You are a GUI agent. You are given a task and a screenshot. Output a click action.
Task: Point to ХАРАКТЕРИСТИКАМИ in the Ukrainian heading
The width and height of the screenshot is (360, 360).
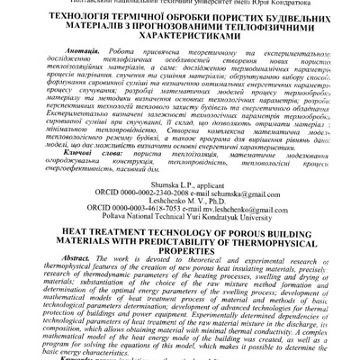pos(181,40)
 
